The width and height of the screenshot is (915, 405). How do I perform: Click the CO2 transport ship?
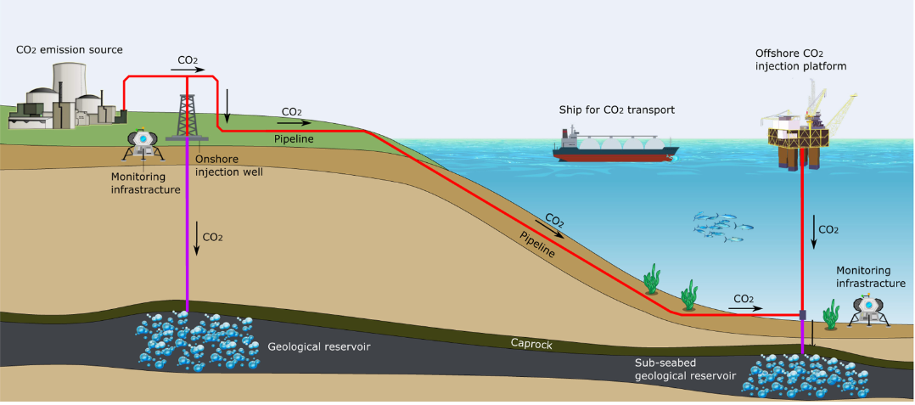pos(615,146)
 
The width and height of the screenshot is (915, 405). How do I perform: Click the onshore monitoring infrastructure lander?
pos(143,144)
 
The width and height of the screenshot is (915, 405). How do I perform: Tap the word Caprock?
pos(531,343)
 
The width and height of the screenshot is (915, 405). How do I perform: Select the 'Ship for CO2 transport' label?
pos(616,110)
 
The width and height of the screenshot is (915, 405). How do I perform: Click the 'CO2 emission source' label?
pos(70,50)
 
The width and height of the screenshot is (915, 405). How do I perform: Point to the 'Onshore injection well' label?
pos(229,165)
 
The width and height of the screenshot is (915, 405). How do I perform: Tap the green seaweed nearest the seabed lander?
pos(833,313)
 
